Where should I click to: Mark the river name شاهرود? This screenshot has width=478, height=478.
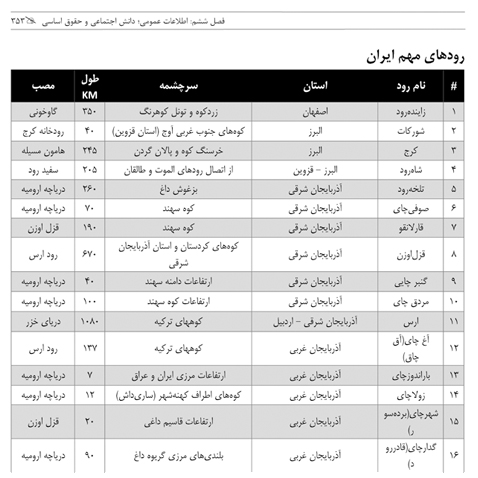click(410, 169)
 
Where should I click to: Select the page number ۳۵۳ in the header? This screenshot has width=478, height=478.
click(23, 19)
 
